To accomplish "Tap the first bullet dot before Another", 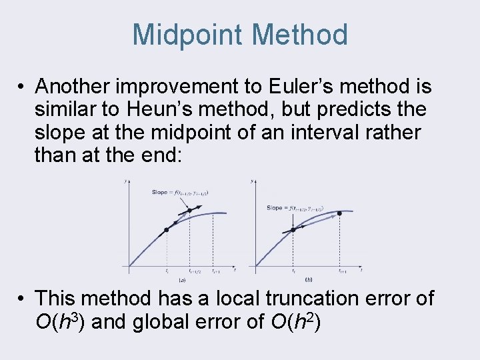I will pos(22,87).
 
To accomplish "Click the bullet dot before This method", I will pos(22,298).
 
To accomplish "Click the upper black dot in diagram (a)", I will pos(189,211).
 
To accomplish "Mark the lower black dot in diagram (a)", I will pos(166,230).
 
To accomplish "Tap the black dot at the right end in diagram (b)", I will pos(339,213).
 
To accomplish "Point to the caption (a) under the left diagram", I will pos(181,279).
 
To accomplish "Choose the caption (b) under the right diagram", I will pos(309,279).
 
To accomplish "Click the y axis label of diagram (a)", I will pos(127,181).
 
